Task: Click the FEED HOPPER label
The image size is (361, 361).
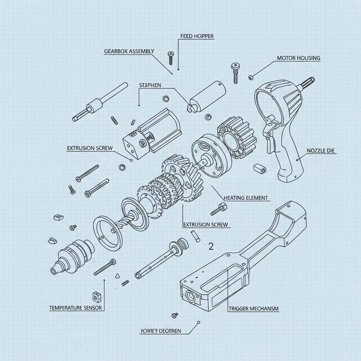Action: click(197, 36)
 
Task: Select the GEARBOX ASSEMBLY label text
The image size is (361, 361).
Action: click(129, 51)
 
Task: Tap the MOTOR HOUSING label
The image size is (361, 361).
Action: click(299, 58)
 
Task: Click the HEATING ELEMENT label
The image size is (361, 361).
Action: click(246, 198)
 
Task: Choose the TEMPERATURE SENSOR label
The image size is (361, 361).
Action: click(75, 308)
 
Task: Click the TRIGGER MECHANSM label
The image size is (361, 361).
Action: click(253, 308)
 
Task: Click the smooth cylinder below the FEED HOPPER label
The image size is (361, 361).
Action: click(208, 94)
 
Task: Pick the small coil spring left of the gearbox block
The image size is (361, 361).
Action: click(114, 120)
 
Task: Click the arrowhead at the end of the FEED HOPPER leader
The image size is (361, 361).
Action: click(178, 69)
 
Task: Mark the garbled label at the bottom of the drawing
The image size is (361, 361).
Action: click(161, 331)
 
